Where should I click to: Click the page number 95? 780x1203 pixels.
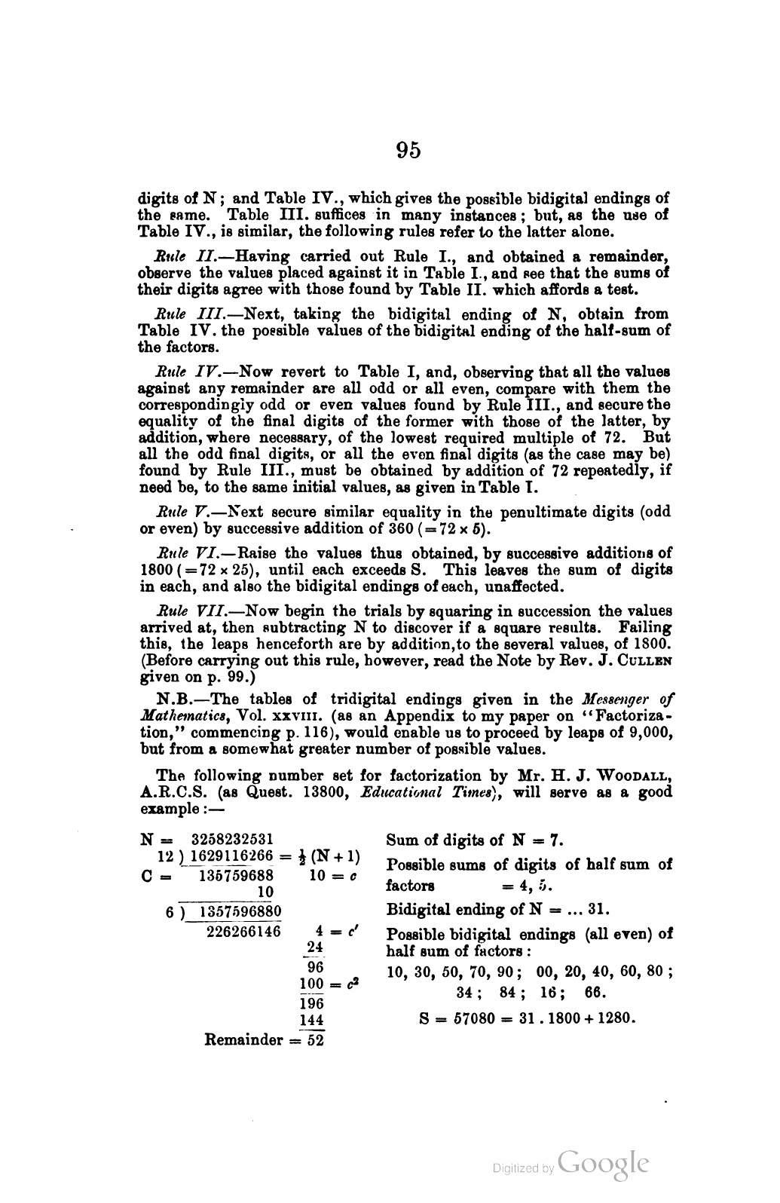coord(408,151)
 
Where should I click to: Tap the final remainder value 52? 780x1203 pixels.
coord(312,1039)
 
